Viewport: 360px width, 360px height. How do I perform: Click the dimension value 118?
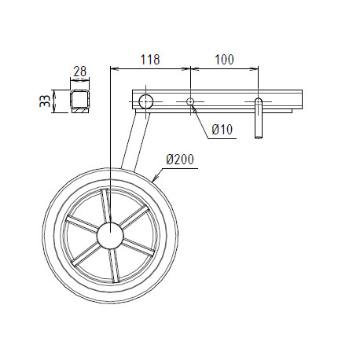tap(150, 60)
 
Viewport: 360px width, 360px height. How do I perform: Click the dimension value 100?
tap(224, 60)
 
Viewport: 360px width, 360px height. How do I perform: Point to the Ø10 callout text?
tap(222, 130)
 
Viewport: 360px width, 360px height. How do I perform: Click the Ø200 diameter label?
tap(180, 160)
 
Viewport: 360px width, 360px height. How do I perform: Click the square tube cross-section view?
tap(79, 101)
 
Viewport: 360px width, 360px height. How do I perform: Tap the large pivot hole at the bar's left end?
tap(145, 101)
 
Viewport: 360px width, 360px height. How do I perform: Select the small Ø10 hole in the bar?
tap(190, 101)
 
